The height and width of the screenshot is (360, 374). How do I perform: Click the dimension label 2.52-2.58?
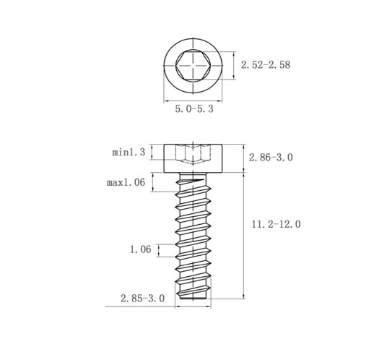[x=266, y=65]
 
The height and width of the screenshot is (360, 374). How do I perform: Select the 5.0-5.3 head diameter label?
[x=194, y=109]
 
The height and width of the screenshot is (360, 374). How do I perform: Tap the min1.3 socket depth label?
[x=129, y=153]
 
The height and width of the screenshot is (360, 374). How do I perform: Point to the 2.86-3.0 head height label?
[x=271, y=158]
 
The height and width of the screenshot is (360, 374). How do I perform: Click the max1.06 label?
[x=126, y=182]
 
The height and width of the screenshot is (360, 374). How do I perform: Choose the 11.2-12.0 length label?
[x=276, y=224]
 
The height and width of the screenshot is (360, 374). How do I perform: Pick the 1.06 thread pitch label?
[x=141, y=249]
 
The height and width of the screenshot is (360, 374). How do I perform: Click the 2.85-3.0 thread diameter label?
[x=142, y=299]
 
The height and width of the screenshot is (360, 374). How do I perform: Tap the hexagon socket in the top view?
[x=193, y=65]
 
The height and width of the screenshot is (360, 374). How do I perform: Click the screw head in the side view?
[x=193, y=158]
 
